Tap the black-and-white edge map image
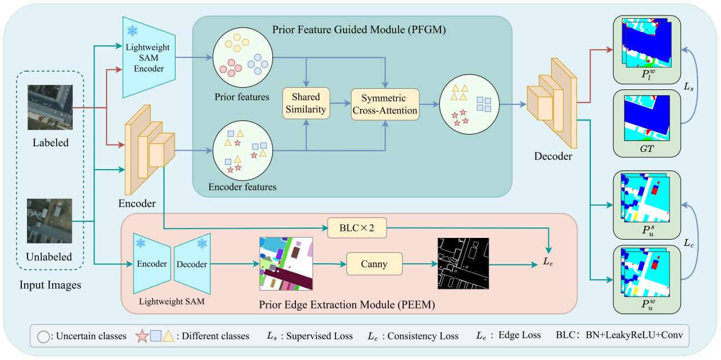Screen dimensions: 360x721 [462, 264]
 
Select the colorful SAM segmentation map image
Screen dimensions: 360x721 [285, 264]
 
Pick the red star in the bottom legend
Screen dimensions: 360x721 [142, 336]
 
